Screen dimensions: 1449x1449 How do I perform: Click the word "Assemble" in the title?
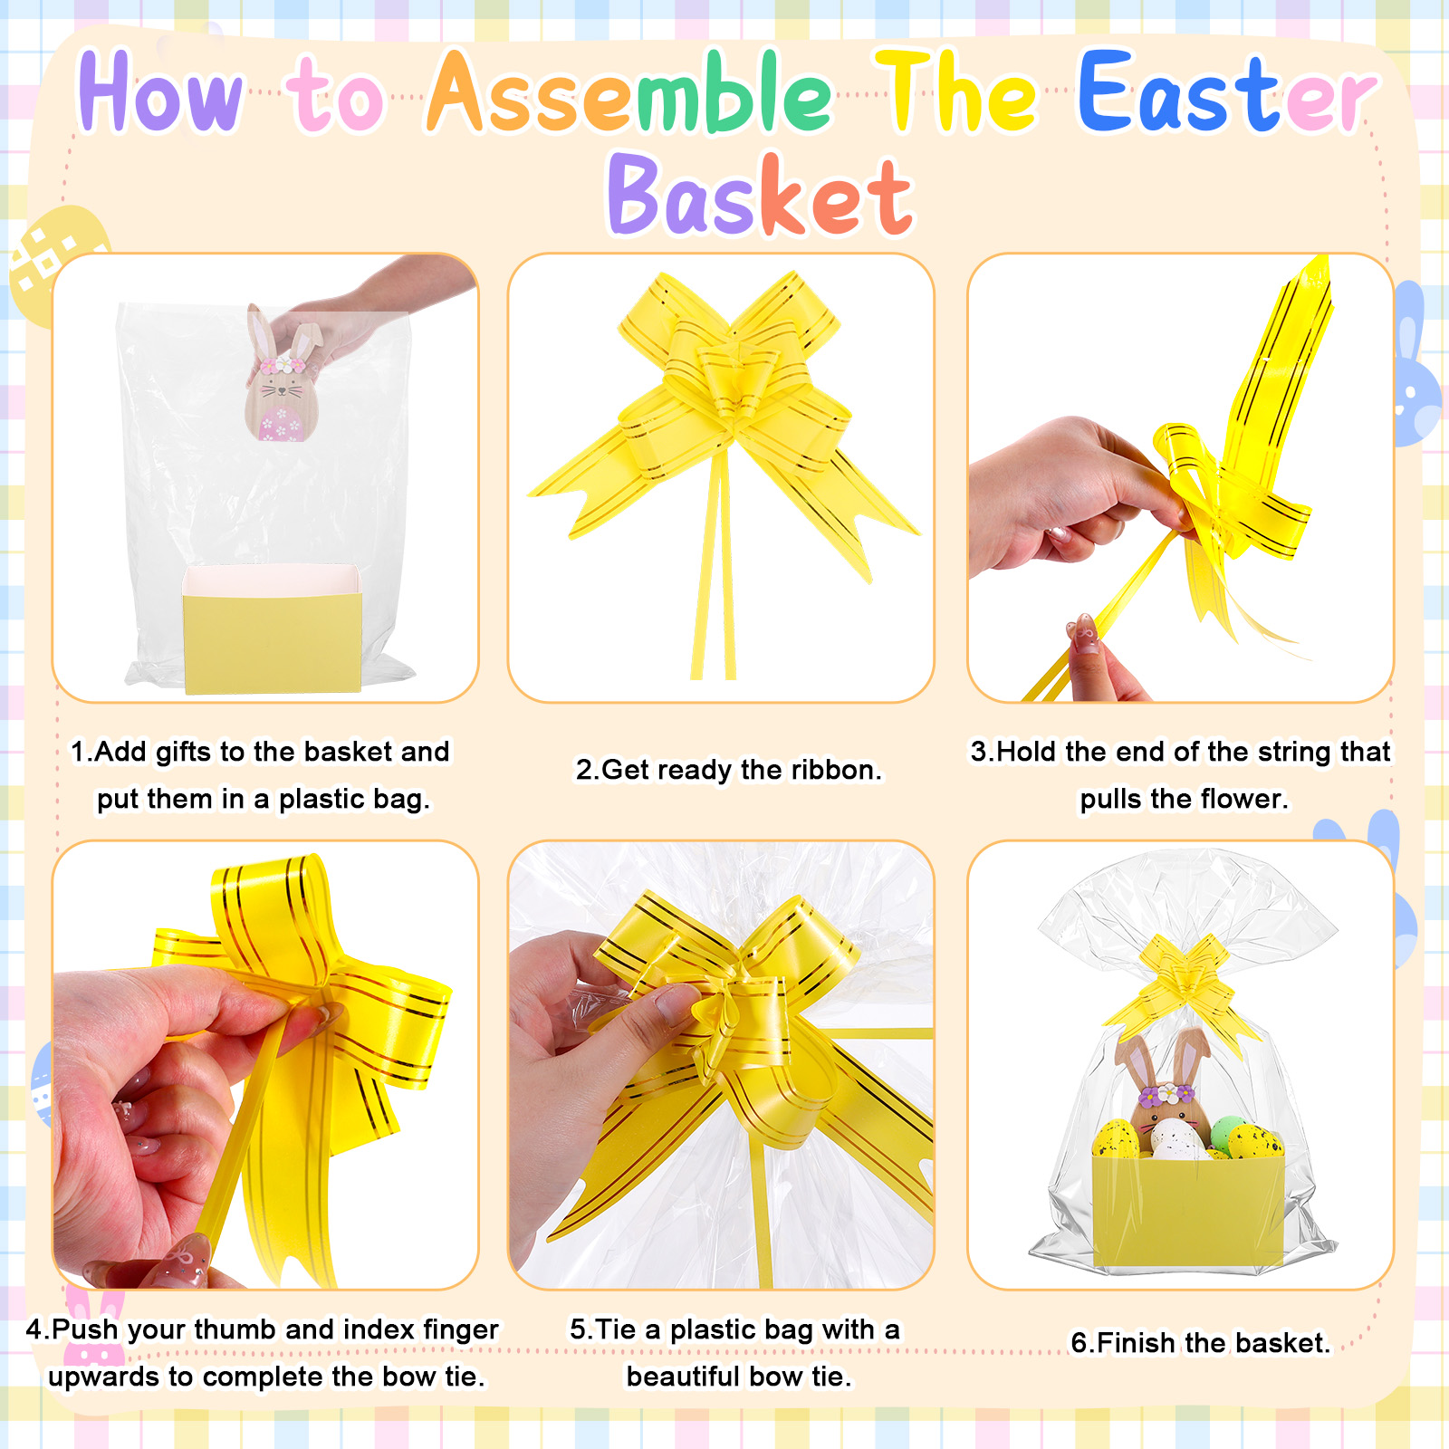point(629,92)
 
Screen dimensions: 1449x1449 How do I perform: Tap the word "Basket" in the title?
point(761,194)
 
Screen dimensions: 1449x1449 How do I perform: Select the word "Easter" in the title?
point(1228,92)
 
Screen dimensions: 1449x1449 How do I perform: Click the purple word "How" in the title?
point(160,92)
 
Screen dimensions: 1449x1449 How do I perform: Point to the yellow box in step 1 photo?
point(272,630)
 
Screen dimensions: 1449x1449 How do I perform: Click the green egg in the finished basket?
point(1226,1132)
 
